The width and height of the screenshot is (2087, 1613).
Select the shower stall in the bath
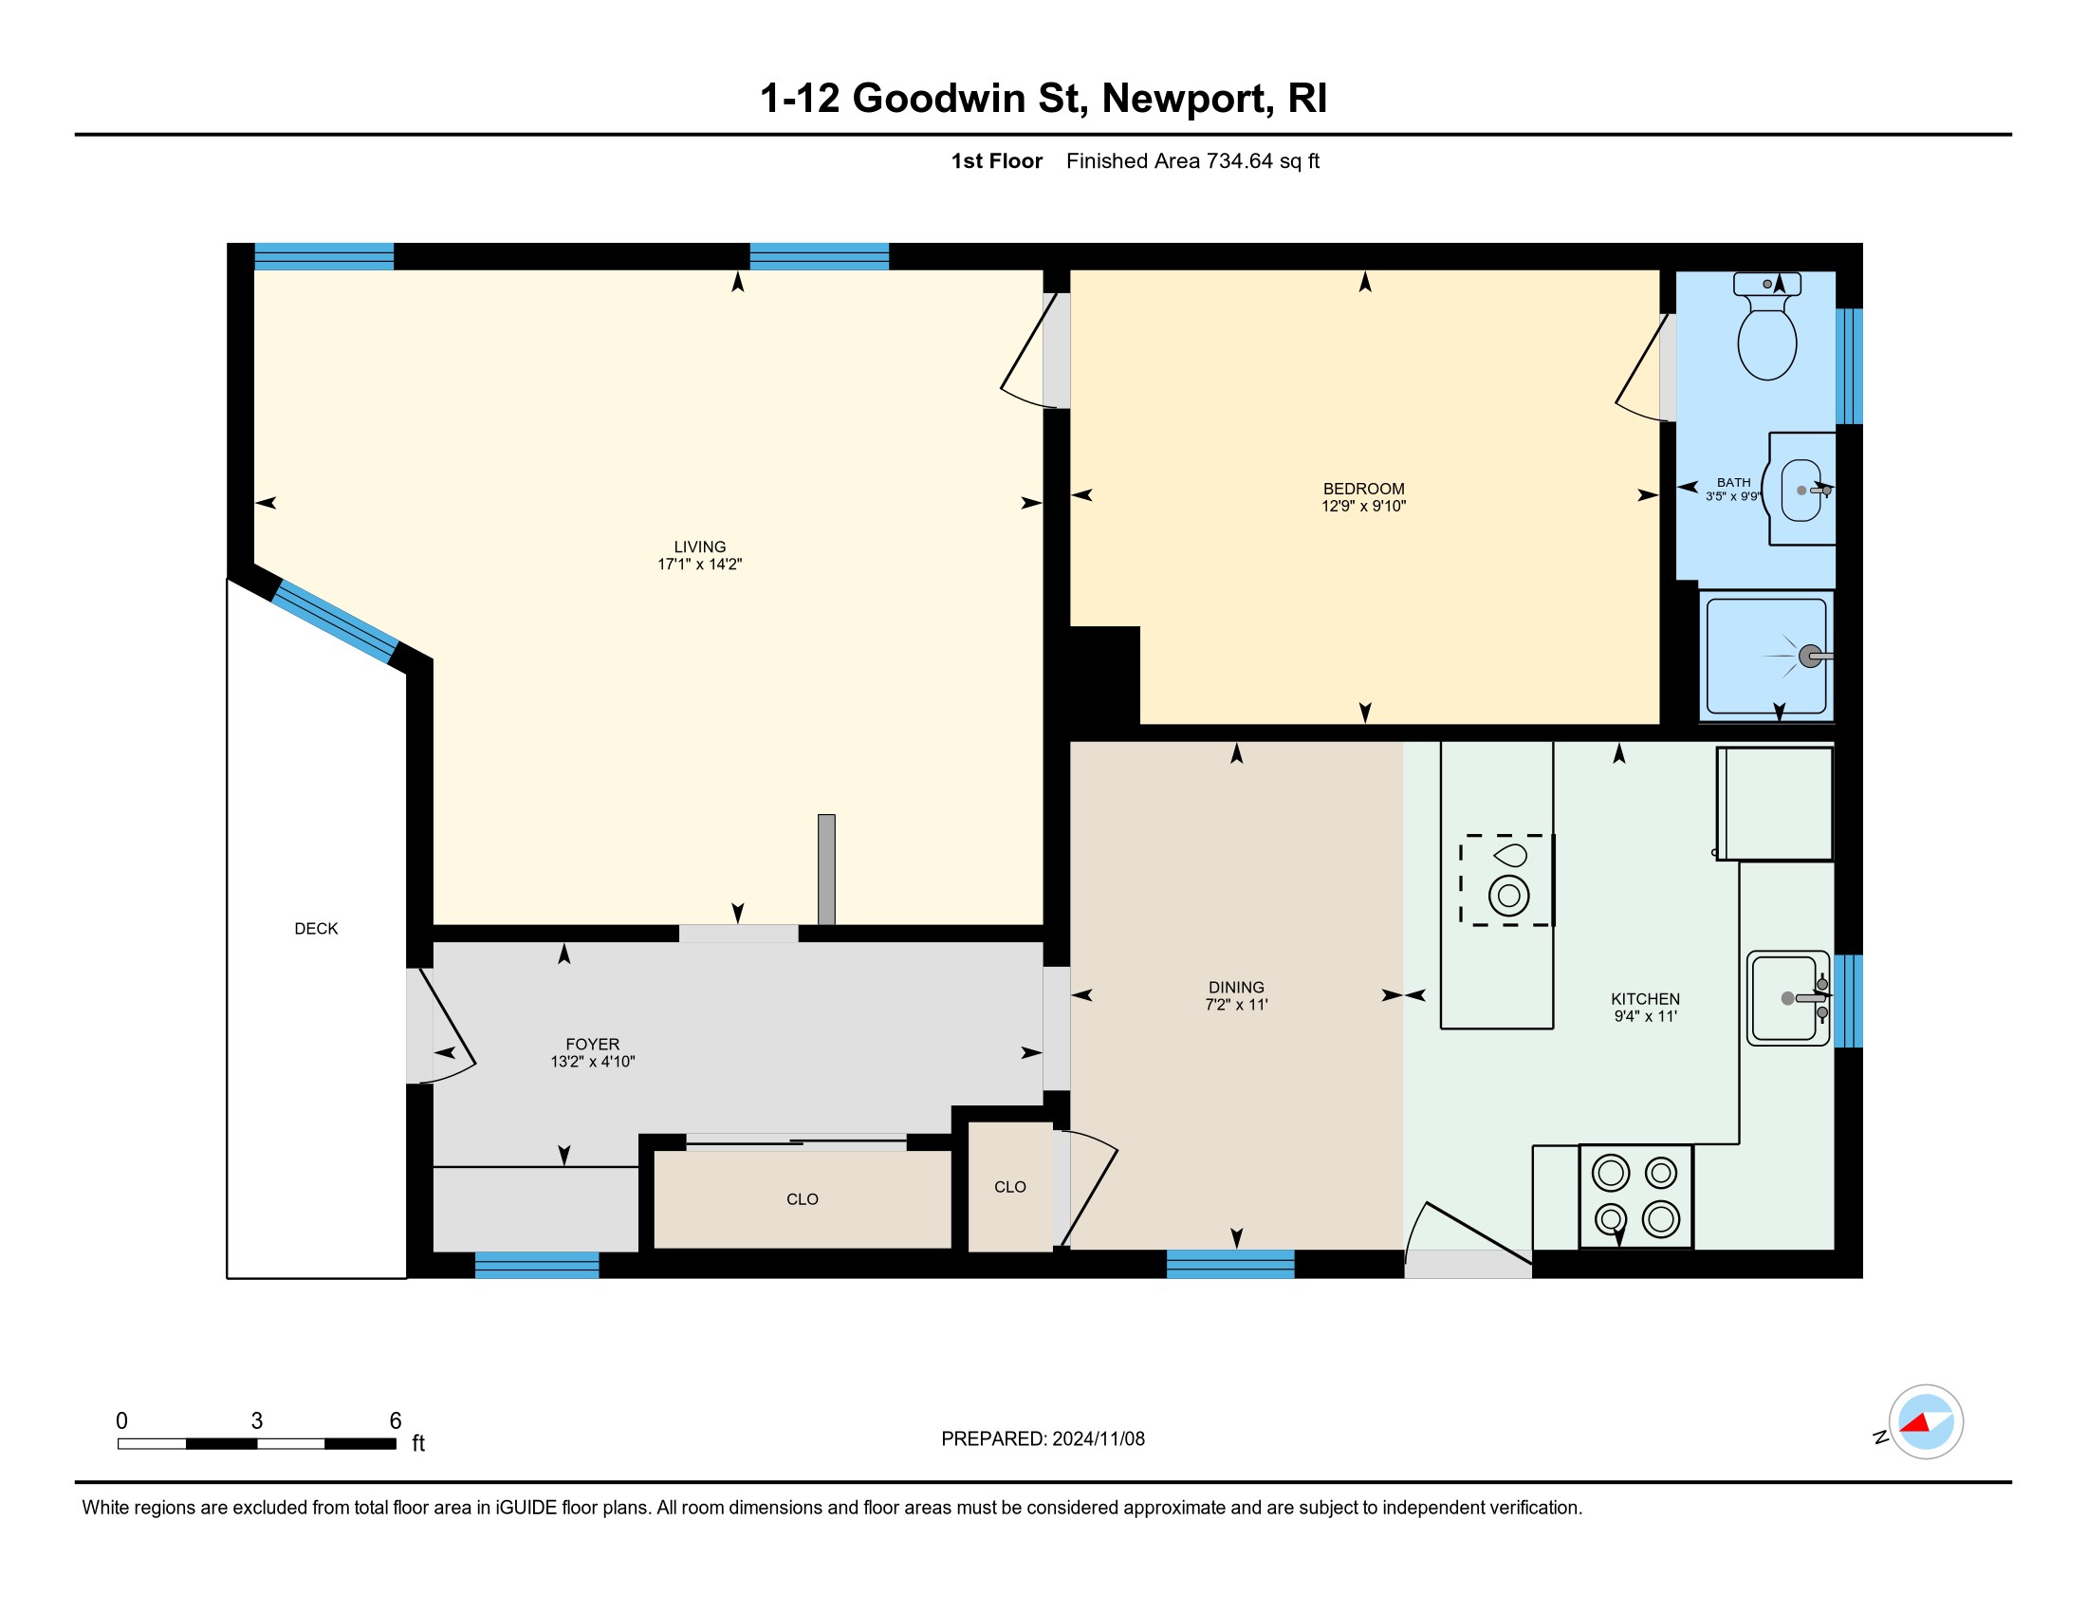coord(1766,656)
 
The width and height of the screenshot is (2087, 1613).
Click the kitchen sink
coord(1788,998)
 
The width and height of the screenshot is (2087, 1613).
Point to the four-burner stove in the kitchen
coord(1636,1196)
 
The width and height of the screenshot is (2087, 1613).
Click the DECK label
coord(316,929)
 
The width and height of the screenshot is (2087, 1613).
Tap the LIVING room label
coord(699,547)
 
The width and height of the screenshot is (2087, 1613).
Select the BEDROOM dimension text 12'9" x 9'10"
coord(1363,507)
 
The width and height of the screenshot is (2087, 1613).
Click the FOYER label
coord(593,1045)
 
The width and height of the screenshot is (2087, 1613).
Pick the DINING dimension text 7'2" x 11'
coord(1236,1004)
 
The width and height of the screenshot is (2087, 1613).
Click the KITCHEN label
coord(1646,998)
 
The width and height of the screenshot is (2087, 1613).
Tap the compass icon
coord(1926,1422)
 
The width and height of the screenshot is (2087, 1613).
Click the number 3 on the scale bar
coord(257,1421)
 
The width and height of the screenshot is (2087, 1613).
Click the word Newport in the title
coord(1188,99)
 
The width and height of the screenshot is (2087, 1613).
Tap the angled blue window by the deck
coord(335,621)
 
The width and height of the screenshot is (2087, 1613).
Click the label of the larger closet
coord(803,1199)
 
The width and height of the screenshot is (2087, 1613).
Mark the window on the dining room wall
coord(1230,1264)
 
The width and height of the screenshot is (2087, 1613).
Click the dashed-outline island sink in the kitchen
coord(1507,881)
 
